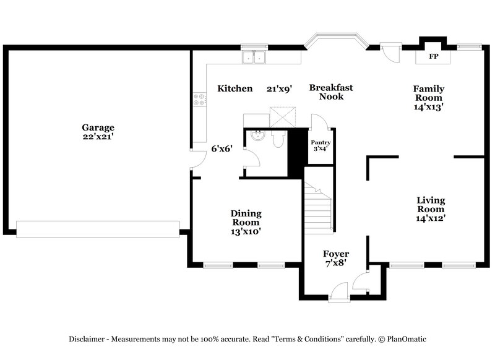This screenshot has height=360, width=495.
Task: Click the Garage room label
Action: pyautogui.click(x=98, y=127)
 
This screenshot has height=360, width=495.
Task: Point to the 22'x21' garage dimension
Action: pyautogui.click(x=98, y=137)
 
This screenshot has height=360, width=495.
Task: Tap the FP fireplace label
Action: pyautogui.click(x=434, y=56)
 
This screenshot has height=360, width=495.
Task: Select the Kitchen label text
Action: pyautogui.click(x=235, y=89)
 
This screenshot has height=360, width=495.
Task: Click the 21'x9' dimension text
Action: pyautogui.click(x=279, y=89)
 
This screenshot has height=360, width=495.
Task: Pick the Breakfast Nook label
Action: pyautogui.click(x=326, y=92)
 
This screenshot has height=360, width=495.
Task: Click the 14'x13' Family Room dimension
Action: pyautogui.click(x=429, y=106)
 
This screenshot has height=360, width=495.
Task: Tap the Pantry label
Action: pyautogui.click(x=320, y=142)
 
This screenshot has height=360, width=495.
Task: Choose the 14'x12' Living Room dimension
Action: pyautogui.click(x=431, y=218)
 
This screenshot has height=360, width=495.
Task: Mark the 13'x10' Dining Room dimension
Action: pyautogui.click(x=246, y=231)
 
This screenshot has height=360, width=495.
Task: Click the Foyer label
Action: pyautogui.click(x=336, y=254)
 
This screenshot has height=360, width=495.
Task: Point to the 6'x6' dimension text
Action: pyautogui.click(x=221, y=148)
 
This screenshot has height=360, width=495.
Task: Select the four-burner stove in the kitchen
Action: pyautogui.click(x=199, y=99)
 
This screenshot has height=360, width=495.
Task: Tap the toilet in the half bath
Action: pyautogui.click(x=278, y=140)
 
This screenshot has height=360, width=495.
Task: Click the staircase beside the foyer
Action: pyautogui.click(x=319, y=208)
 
